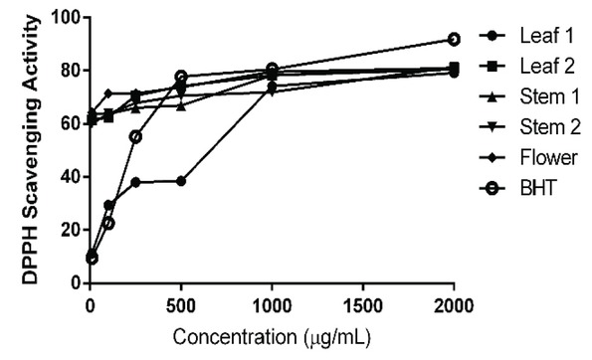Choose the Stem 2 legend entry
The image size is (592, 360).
click(x=536, y=126)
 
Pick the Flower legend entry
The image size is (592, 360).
click(x=538, y=156)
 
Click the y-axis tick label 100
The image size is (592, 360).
click(x=65, y=17)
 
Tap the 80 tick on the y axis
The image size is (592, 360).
click(x=70, y=70)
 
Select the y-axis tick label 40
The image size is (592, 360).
click(x=70, y=176)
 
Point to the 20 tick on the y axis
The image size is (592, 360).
click(x=70, y=230)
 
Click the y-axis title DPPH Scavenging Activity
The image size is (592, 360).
click(x=30, y=149)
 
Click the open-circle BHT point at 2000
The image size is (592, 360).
click(x=454, y=39)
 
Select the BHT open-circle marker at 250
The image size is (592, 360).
click(x=135, y=136)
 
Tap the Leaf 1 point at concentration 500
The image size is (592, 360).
click(x=181, y=181)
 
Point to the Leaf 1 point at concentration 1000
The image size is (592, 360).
click(x=272, y=87)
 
